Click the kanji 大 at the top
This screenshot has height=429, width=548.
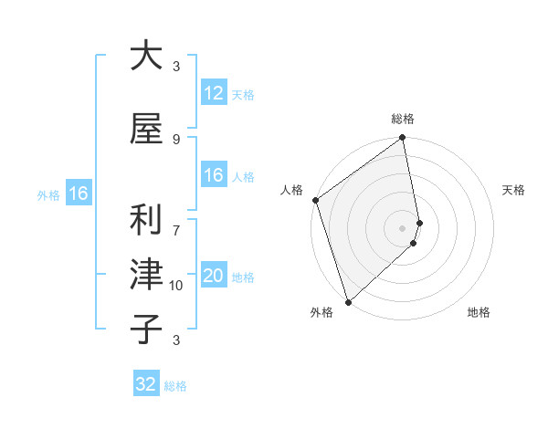pyautogui.click(x=146, y=56)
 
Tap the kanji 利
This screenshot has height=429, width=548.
pyautogui.click(x=146, y=219)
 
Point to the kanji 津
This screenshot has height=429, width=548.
pyautogui.click(x=146, y=274)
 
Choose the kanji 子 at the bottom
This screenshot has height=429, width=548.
pyautogui.click(x=146, y=329)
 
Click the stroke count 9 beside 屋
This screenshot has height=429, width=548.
pyautogui.click(x=176, y=139)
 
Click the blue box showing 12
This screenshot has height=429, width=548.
pyautogui.click(x=213, y=93)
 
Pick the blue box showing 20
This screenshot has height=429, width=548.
pyautogui.click(x=213, y=276)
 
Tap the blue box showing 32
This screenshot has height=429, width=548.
pyautogui.click(x=146, y=384)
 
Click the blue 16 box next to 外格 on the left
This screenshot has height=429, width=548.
pyautogui.click(x=78, y=194)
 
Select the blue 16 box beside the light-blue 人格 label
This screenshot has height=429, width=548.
pyautogui.click(x=213, y=175)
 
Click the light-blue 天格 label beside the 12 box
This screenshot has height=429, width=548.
pyautogui.click(x=243, y=95)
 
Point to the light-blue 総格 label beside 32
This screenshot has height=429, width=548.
pyautogui.click(x=175, y=386)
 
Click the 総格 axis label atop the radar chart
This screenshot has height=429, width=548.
pyautogui.click(x=403, y=119)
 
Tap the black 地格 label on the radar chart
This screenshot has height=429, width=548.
pyautogui.click(x=479, y=313)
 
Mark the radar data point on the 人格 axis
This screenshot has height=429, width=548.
pyautogui.click(x=315, y=200)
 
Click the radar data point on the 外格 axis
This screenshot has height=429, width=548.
pyautogui.click(x=348, y=300)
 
